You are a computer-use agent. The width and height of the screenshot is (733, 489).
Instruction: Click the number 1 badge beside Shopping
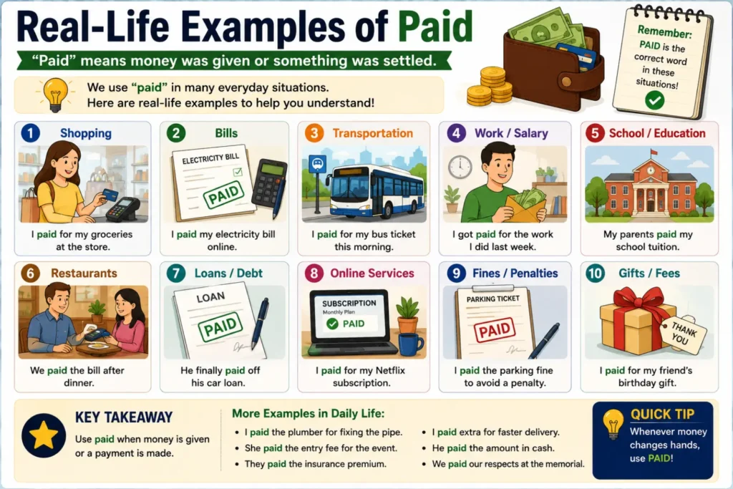30,133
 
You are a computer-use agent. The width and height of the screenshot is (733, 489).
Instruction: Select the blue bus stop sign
318,164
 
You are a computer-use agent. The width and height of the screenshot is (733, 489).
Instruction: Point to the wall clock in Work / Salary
460,166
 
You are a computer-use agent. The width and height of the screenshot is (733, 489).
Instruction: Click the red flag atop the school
654,152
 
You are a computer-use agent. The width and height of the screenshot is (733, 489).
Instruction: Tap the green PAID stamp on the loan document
220,326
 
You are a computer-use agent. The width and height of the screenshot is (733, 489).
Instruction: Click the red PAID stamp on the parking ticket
495,330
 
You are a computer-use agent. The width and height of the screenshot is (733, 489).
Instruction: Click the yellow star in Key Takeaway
44,435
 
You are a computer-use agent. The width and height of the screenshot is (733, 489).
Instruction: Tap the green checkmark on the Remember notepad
654,100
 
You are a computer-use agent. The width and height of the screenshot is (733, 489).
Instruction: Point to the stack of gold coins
490,87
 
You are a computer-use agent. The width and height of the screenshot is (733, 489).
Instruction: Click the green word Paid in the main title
435,27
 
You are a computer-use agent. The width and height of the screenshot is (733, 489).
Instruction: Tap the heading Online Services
372,273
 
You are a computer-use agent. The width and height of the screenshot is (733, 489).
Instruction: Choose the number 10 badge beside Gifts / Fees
595,273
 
